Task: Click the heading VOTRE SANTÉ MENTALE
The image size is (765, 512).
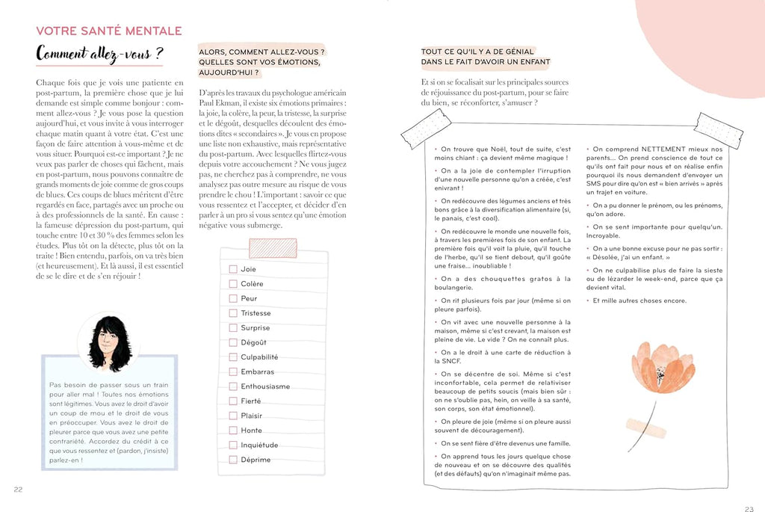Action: point(109,31)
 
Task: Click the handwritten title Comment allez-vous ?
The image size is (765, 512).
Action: point(100,55)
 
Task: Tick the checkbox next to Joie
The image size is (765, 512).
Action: point(233,269)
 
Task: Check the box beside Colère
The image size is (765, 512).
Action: point(233,284)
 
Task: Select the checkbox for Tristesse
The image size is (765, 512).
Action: point(233,313)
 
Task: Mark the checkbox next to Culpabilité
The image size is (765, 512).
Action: point(233,357)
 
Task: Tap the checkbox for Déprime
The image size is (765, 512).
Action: point(233,460)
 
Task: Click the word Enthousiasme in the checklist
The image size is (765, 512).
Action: point(265,386)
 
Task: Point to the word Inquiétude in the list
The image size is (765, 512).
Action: point(259,445)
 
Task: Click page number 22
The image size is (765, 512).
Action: point(18,490)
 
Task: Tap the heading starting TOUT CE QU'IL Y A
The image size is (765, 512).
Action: point(486,56)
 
